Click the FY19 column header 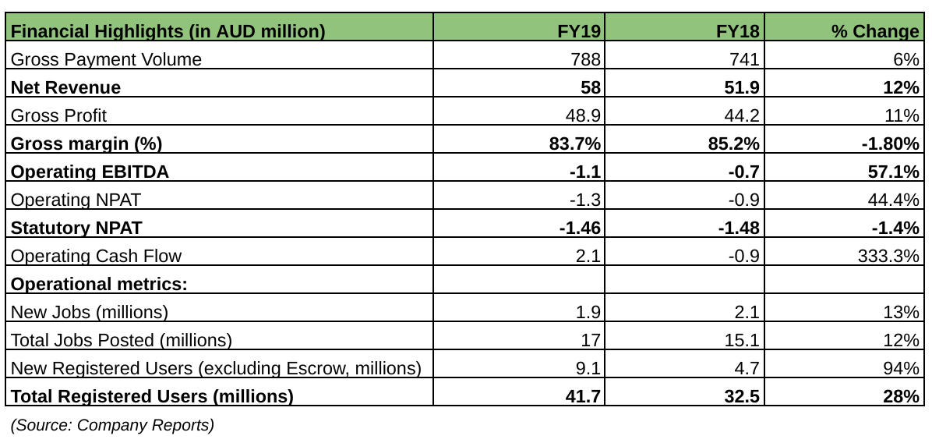[x=581, y=31]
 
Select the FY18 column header [x=738, y=31]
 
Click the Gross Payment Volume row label [x=107, y=59]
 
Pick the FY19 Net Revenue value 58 [x=591, y=87]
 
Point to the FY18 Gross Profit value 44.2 [x=742, y=115]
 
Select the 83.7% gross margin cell [x=577, y=144]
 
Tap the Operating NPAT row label [x=76, y=200]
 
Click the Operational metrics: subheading [x=99, y=283]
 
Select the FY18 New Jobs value [x=747, y=312]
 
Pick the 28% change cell [x=902, y=396]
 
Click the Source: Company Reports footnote [x=112, y=425]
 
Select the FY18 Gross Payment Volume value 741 [x=744, y=59]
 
